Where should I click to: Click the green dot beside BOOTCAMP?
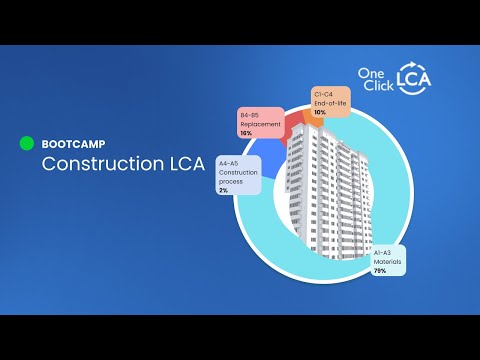(x=28, y=143)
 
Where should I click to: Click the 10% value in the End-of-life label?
(x=320, y=112)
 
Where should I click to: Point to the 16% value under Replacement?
(x=245, y=132)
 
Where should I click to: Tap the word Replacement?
(x=259, y=123)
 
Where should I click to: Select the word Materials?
(x=388, y=261)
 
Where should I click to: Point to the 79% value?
(x=381, y=271)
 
